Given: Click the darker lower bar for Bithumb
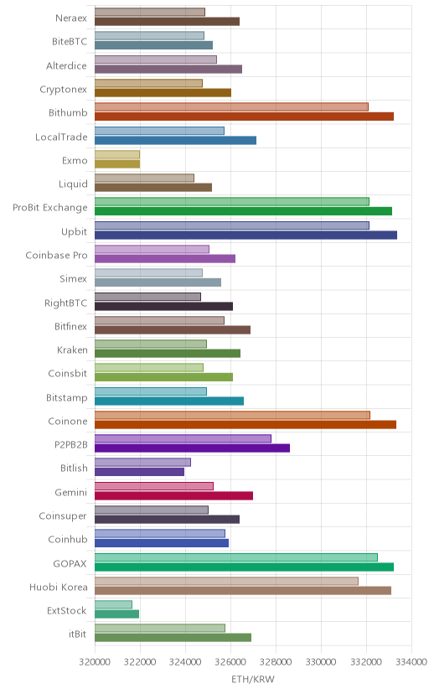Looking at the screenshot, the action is [x=244, y=117].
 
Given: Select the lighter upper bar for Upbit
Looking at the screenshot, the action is [x=232, y=225].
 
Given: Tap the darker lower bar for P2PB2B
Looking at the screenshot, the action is [x=193, y=448].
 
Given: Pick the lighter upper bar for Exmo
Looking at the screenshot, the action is [x=117, y=154].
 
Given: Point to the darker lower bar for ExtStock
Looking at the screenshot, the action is [x=116, y=614].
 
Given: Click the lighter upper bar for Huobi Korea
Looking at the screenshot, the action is [x=226, y=581].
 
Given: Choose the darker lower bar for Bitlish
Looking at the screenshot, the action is [x=139, y=472].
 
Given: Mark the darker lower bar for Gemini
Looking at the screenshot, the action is [x=173, y=495].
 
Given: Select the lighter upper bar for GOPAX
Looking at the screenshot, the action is [x=236, y=557].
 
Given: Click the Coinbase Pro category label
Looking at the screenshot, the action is [x=57, y=256].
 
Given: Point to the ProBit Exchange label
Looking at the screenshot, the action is [x=50, y=208].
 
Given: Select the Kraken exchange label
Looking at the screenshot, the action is [x=73, y=350].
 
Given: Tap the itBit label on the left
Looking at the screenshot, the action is [x=77, y=634].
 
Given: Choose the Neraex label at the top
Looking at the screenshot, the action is [x=71, y=18].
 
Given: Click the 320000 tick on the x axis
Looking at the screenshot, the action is [x=95, y=661].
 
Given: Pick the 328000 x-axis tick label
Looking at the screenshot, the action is [x=276, y=661].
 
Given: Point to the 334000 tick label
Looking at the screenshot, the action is [x=411, y=661].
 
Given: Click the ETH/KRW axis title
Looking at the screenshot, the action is [x=253, y=680].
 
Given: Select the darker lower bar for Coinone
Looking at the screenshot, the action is [x=246, y=424].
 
